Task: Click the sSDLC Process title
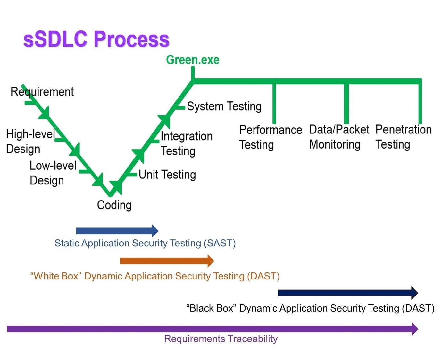point(96,39)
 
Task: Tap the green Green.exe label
point(193,60)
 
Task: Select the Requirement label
point(42,92)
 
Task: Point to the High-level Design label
point(30,141)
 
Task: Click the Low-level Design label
point(53,173)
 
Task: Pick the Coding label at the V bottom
point(114,205)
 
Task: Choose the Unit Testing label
point(167,175)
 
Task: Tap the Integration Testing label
point(187,143)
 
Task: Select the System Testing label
point(224,106)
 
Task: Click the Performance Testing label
point(271,137)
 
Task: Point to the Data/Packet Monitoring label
point(339,137)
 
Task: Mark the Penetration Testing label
point(404,137)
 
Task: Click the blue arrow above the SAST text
point(117,231)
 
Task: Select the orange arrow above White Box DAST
point(167,261)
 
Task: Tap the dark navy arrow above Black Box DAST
point(348,293)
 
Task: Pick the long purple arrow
point(213,329)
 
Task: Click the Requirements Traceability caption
point(221,339)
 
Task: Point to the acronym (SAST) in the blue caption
point(220,243)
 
